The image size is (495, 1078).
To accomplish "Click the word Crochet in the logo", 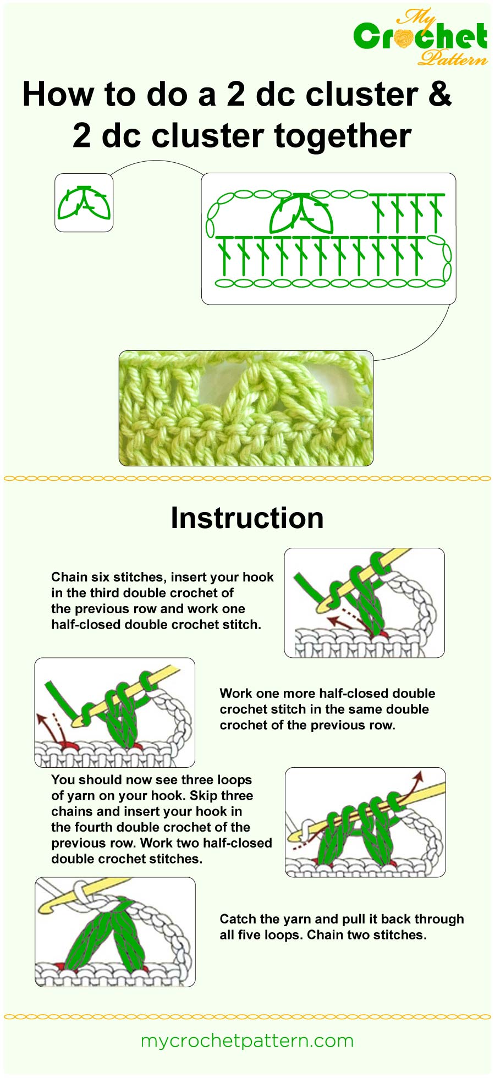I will click(x=420, y=36).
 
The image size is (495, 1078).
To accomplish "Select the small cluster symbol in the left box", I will click(x=84, y=203).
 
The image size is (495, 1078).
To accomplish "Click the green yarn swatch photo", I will click(x=246, y=408).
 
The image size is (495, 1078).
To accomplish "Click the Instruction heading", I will click(x=247, y=518).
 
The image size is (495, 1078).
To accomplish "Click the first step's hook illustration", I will click(x=364, y=603).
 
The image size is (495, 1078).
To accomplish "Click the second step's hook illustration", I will click(x=114, y=712).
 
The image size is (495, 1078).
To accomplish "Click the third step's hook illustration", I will click(x=365, y=822).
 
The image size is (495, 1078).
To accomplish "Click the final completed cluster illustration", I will click(x=115, y=932).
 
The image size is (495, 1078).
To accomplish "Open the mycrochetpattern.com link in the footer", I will click(x=247, y=1041).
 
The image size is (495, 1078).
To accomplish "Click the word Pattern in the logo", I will click(x=452, y=57).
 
